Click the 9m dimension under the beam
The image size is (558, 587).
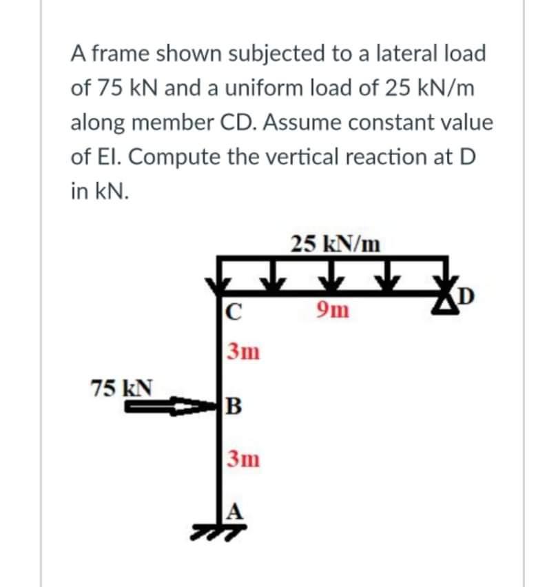[333, 312]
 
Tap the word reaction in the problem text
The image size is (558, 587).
[395, 156]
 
